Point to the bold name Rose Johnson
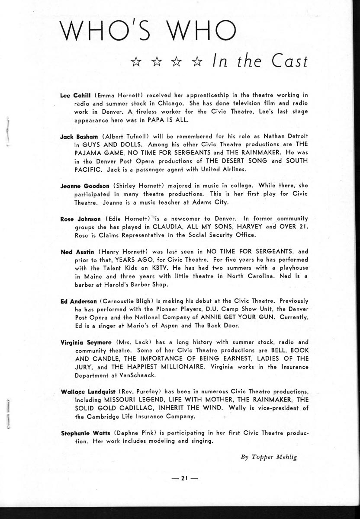click(80, 218)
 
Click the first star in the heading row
click(136, 63)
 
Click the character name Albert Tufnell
click(129, 136)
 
